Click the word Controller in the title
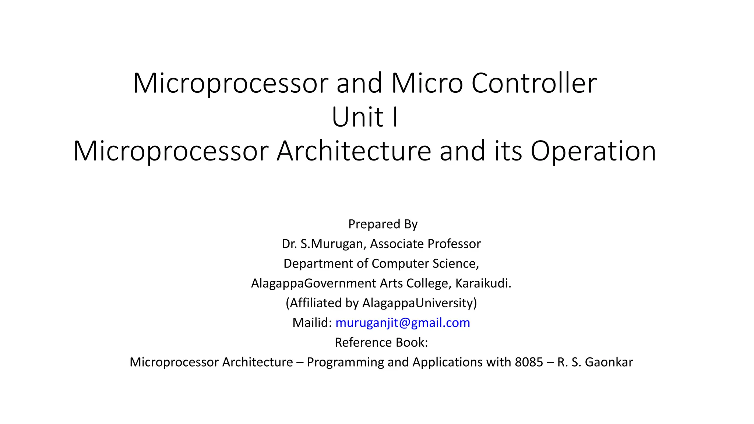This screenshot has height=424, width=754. click(534, 83)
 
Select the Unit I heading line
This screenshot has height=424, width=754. click(365, 117)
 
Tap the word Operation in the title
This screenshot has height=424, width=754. click(593, 151)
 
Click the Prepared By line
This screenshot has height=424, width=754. click(383, 224)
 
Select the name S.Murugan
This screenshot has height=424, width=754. click(332, 244)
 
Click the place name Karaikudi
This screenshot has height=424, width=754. click(483, 283)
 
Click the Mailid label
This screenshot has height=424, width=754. click(312, 323)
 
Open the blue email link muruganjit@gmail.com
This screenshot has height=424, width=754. click(403, 323)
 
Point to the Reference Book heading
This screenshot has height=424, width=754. click(381, 342)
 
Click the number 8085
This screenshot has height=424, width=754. click(529, 362)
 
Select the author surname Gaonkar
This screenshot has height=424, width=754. click(609, 362)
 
